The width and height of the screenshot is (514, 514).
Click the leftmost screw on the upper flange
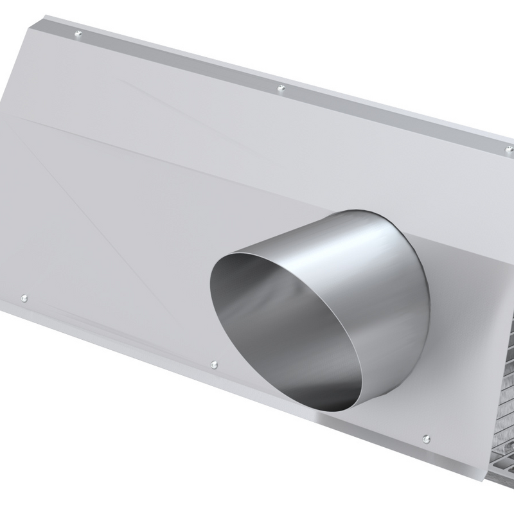(x=78, y=33)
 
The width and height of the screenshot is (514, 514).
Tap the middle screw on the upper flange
(x=281, y=88)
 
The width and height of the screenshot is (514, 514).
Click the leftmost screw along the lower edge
(x=24, y=297)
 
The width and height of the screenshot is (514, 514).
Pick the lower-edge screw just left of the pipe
(x=214, y=364)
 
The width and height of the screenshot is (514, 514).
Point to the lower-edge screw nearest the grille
(x=426, y=439)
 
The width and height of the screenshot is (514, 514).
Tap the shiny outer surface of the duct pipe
(x=360, y=257)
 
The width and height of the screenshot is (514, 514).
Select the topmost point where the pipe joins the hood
(x=360, y=208)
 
